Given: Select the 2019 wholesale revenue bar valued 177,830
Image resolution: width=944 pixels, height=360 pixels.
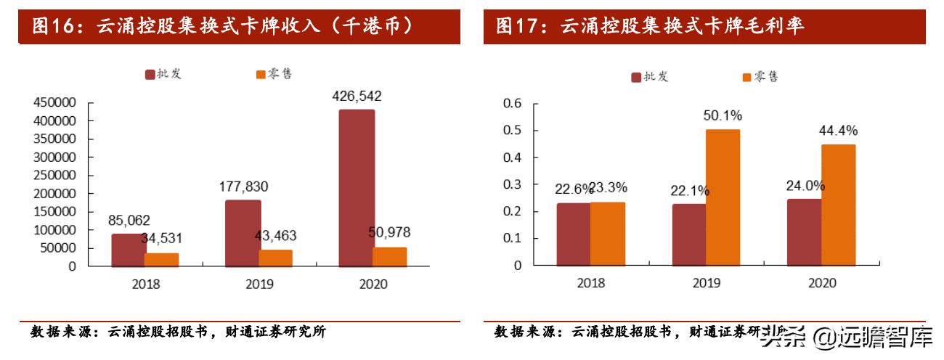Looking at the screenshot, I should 243,233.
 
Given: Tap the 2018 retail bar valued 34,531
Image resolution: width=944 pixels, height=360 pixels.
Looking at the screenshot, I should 162,259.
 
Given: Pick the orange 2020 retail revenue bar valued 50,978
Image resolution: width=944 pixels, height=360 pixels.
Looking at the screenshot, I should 390,257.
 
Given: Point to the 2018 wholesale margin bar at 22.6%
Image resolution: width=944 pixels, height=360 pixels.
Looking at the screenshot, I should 574,234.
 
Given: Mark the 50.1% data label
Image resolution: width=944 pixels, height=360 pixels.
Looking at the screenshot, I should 723,115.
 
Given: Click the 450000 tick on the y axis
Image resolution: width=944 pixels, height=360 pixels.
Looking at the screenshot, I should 55,103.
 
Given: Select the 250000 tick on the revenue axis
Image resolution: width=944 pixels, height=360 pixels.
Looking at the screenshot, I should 55,176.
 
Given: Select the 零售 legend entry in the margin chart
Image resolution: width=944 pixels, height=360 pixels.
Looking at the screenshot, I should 760,77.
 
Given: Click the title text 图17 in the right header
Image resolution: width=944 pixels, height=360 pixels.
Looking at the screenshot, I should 521,27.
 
